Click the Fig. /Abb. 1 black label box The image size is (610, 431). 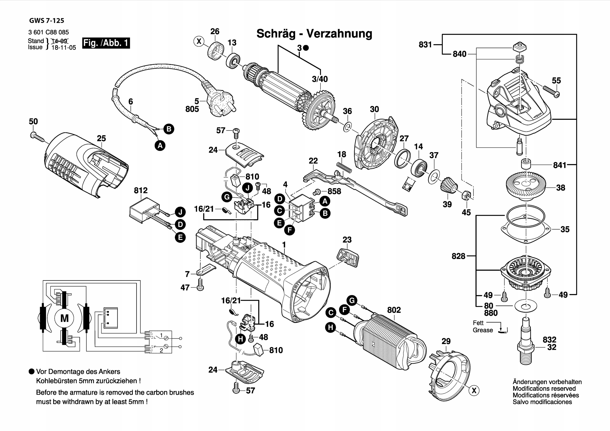coord(106,43)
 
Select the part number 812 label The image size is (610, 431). coord(141,190)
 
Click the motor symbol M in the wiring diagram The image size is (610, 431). coord(65,318)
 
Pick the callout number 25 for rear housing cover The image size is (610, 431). coord(101,138)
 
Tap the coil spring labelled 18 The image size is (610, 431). coord(344,168)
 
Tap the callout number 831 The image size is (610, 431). coord(425,45)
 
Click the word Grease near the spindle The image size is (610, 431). coord(483,330)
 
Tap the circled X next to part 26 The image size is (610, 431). coord(199,41)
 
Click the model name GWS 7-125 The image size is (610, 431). coord(46,21)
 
